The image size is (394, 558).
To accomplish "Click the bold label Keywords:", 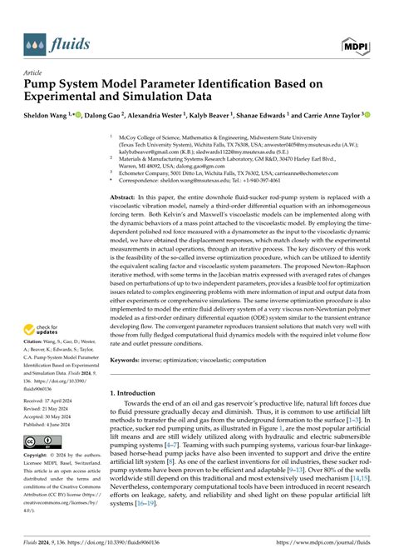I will (x=133, y=362).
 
